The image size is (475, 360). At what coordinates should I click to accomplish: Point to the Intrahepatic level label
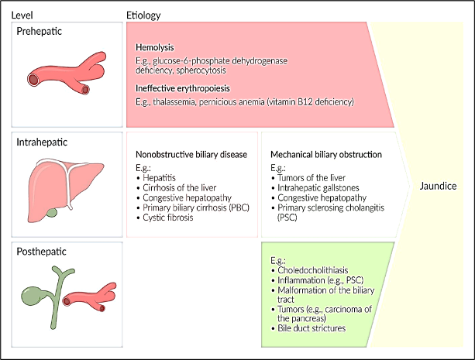tap(43, 143)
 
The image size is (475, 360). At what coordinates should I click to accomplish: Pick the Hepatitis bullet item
tap(159, 177)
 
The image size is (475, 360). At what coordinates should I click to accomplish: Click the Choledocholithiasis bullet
tap(315, 269)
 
